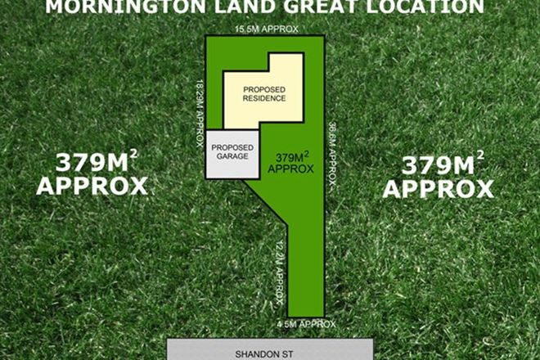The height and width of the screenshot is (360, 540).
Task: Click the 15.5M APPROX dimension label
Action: tap(267, 29)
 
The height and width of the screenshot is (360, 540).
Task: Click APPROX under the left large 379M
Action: tap(92, 186)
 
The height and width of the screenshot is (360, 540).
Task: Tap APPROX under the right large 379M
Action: tap(439, 190)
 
